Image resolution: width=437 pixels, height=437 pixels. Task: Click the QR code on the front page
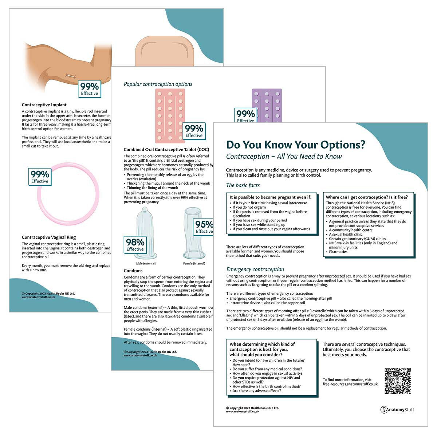coord(398,381)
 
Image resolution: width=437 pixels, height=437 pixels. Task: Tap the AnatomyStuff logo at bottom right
coord(397,410)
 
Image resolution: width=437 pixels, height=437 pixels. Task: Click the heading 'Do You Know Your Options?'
coord(295,145)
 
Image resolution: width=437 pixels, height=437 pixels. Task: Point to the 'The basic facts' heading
coord(243,185)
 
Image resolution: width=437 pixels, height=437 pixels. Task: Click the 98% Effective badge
coord(135,244)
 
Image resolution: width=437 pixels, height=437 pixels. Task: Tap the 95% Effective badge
coord(204,227)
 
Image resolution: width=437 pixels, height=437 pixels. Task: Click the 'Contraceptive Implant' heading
coord(44,105)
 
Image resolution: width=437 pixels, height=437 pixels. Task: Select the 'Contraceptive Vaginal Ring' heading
coord(49,237)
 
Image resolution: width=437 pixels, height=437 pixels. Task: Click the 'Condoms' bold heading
coord(133,271)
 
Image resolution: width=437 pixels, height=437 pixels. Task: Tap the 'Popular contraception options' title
coord(158,84)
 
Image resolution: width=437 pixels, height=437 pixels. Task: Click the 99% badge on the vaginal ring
coord(40,177)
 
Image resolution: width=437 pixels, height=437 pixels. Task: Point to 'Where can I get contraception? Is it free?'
coord(367,197)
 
